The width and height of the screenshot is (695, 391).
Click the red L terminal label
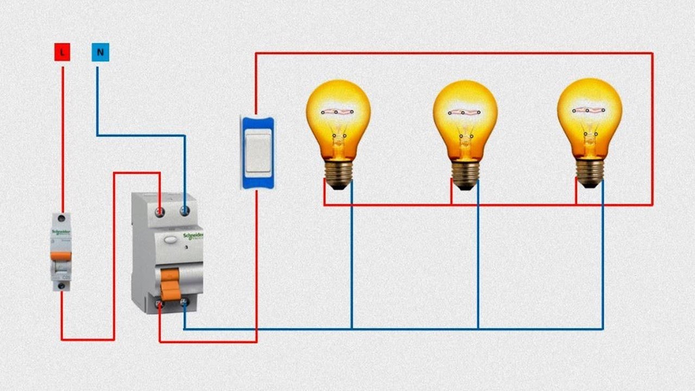[62, 53]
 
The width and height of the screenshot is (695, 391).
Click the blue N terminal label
[100, 53]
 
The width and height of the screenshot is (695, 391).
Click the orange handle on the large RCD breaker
[169, 282]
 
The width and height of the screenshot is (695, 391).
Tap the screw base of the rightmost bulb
[590, 174]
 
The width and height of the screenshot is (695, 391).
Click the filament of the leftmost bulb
[337, 112]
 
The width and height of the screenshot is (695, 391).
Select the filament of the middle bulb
[464, 112]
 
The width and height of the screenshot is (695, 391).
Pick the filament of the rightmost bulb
[589, 110]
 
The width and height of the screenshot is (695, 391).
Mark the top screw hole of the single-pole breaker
[61, 218]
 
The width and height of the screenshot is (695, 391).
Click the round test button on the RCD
[170, 238]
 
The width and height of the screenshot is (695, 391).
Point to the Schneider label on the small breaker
[61, 231]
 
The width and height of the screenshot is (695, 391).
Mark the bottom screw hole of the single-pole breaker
[61, 285]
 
